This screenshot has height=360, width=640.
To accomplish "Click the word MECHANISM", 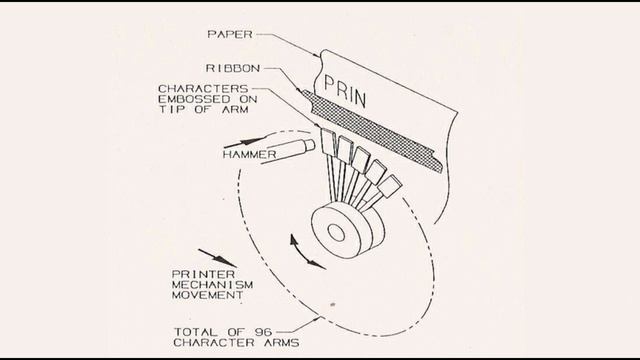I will pos(212,284).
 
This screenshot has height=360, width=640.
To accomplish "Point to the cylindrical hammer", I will pos(289,150).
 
